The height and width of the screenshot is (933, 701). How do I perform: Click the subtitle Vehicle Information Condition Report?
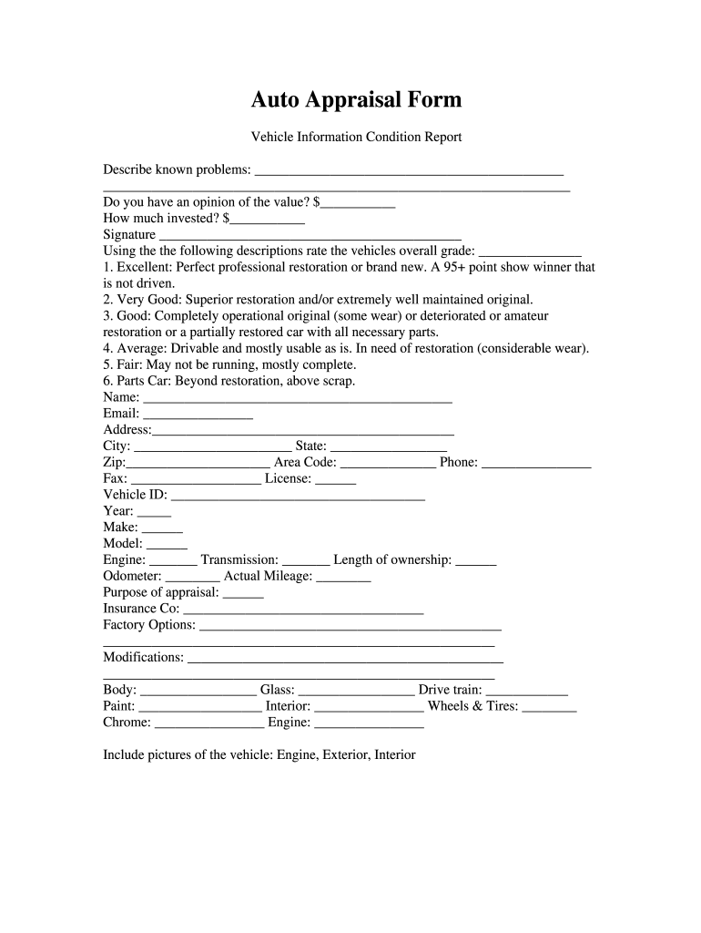(x=357, y=137)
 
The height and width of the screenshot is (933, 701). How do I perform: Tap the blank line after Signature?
(x=310, y=236)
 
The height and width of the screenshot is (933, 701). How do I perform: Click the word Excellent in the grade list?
(x=142, y=267)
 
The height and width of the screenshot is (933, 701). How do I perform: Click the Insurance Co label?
(x=141, y=608)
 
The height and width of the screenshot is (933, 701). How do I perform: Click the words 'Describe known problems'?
(x=178, y=169)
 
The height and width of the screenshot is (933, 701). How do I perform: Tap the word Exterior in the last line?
(x=341, y=754)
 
